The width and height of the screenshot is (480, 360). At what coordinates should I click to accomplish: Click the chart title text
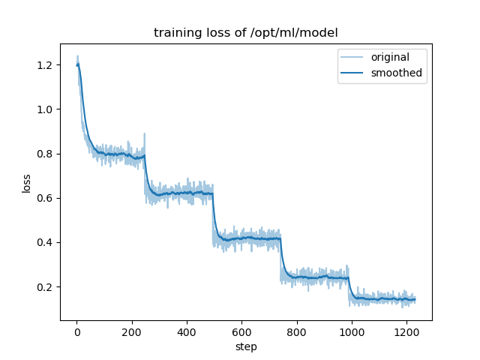245,33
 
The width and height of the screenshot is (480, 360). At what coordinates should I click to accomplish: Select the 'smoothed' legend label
397,73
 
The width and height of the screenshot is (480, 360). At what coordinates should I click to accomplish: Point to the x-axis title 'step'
246,347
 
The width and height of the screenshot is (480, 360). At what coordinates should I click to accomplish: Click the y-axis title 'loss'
26,182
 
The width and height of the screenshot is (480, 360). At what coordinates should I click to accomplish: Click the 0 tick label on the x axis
76,331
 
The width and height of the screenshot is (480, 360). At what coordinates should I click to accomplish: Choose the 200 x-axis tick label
131,331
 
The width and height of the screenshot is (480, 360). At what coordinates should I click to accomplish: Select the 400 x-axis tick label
187,331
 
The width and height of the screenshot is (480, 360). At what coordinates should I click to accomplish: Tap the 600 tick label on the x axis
241,331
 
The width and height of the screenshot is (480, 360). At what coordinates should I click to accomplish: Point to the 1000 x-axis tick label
351,331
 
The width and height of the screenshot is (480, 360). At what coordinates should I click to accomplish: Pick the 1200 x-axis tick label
406,331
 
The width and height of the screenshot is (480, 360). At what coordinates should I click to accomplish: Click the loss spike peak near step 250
145,134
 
